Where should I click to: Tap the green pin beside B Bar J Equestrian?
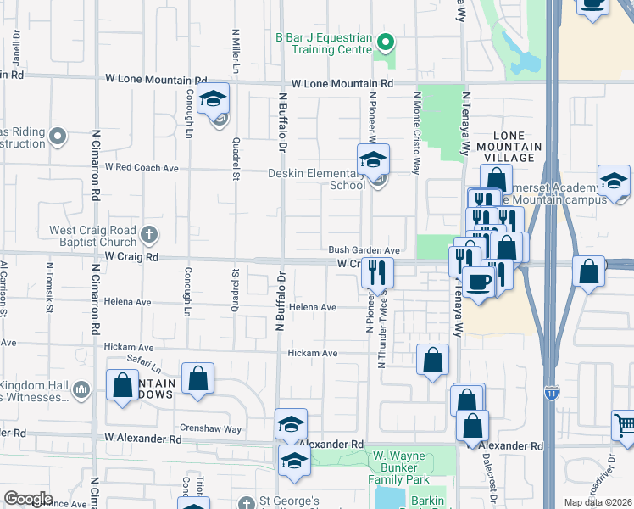tap(386, 42)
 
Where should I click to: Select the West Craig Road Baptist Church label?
tap(92, 236)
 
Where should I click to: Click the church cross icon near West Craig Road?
tap(149, 234)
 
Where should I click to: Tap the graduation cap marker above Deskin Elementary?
tap(372, 159)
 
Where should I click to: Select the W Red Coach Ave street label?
tap(142, 168)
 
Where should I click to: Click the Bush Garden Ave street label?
tap(364, 250)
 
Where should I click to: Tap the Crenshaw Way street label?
tap(210, 428)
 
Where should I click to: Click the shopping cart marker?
tap(624, 423)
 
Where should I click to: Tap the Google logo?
tap(28, 499)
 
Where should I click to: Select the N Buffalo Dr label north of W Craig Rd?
tap(280, 123)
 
